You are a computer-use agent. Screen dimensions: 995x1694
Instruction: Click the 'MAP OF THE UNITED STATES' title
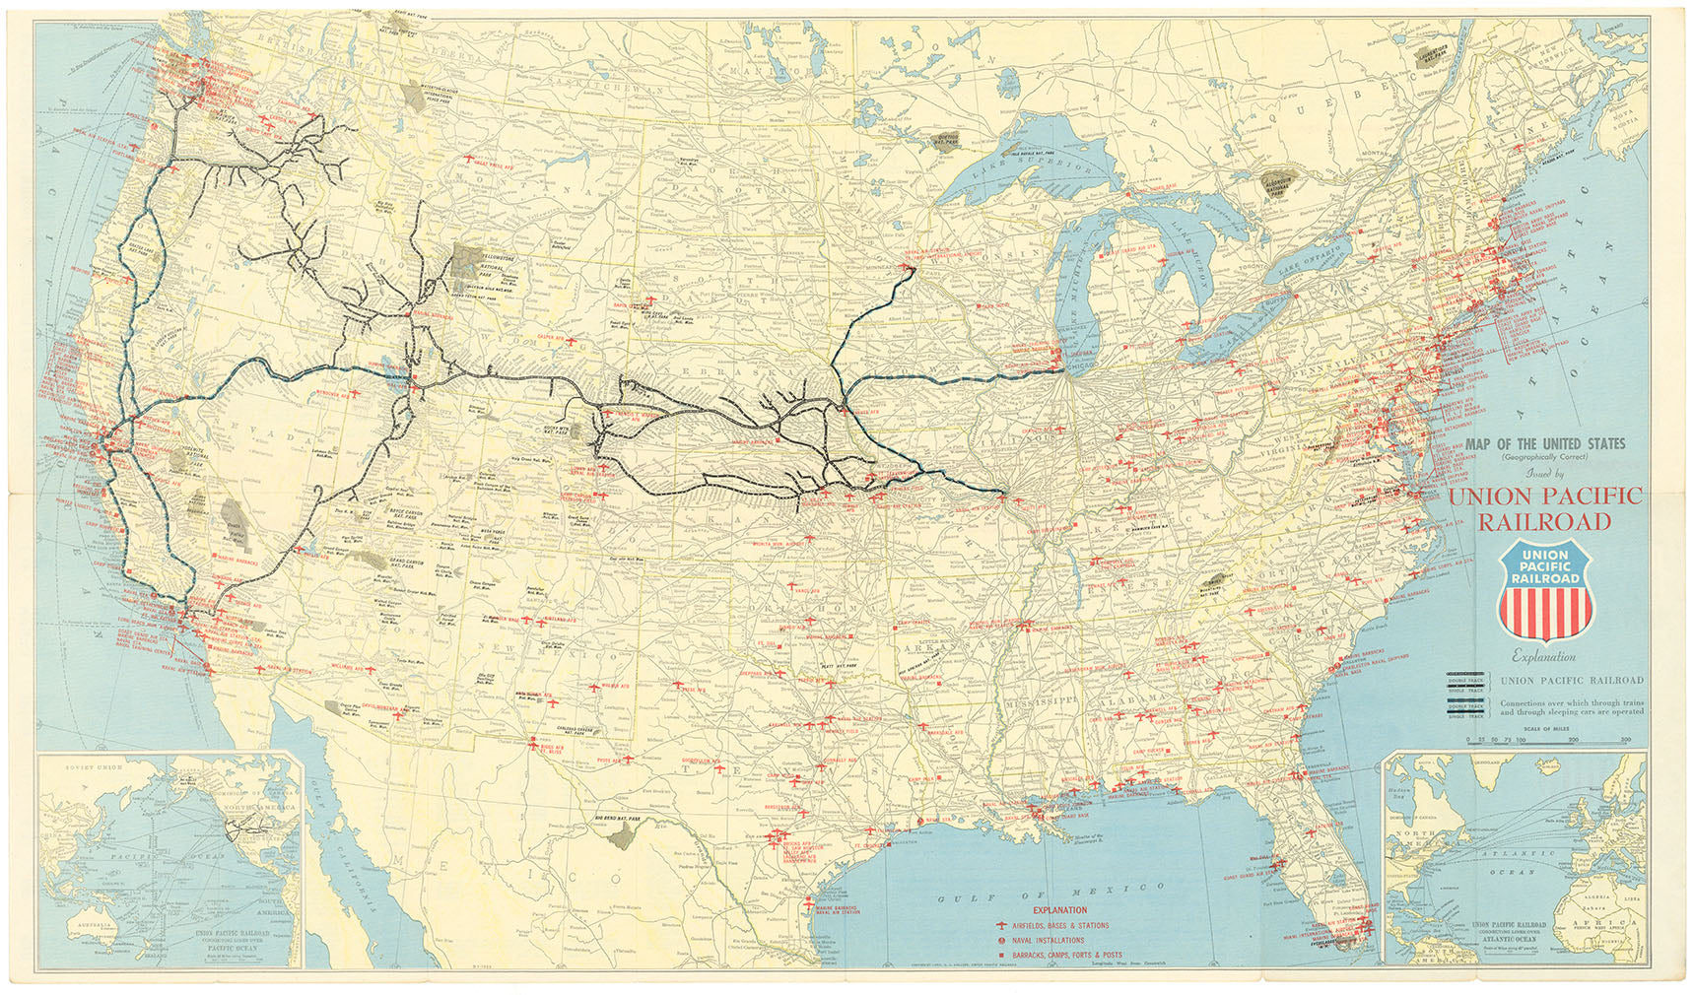(1544, 444)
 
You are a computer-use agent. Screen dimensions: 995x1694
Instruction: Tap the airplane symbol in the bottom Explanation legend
(1002, 926)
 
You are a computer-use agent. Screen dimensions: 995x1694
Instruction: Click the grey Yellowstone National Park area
(463, 264)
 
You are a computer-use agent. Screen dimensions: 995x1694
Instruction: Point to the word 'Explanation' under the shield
(1544, 657)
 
